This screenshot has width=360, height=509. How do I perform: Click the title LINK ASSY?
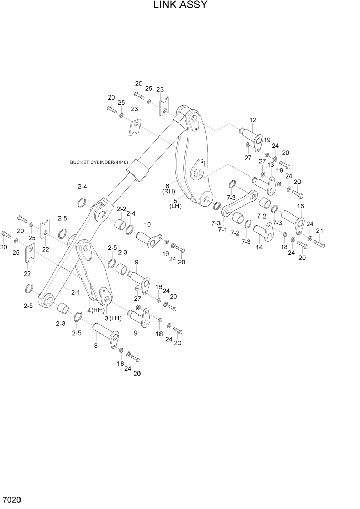pyautogui.click(x=179, y=6)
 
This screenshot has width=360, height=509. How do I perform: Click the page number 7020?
pyautogui.click(x=11, y=499)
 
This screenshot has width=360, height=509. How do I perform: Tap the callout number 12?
pyautogui.click(x=253, y=120)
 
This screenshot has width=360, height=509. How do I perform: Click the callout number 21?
pyautogui.click(x=319, y=230)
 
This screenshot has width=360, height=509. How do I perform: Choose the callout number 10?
pyautogui.click(x=147, y=224)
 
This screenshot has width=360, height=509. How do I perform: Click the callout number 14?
pyautogui.click(x=259, y=247)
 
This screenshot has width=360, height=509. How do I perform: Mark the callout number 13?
pyautogui.click(x=271, y=165)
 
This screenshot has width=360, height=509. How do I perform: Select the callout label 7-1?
pyautogui.click(x=222, y=230)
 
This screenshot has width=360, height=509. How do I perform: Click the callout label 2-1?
pyautogui.click(x=75, y=292)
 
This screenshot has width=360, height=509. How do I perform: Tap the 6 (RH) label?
pyautogui.click(x=169, y=188)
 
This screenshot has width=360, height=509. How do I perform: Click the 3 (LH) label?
pyautogui.click(x=112, y=318)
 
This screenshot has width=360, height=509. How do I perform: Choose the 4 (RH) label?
pyautogui.click(x=96, y=310)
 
